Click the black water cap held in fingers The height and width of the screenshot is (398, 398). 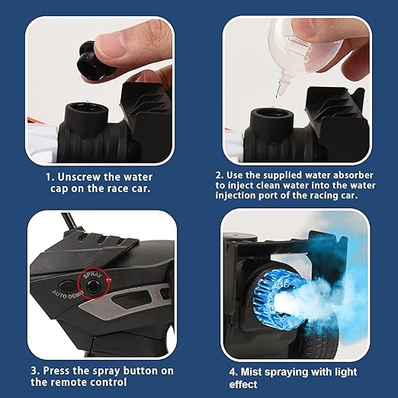(93, 62)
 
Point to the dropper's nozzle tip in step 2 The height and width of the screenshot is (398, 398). (278, 95)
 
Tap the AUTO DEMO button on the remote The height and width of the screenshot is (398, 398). (66, 286)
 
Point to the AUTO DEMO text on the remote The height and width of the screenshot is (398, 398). (67, 295)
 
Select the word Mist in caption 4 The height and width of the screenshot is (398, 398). (251, 372)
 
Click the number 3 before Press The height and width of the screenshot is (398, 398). (34, 371)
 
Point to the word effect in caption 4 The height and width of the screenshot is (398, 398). (243, 384)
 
